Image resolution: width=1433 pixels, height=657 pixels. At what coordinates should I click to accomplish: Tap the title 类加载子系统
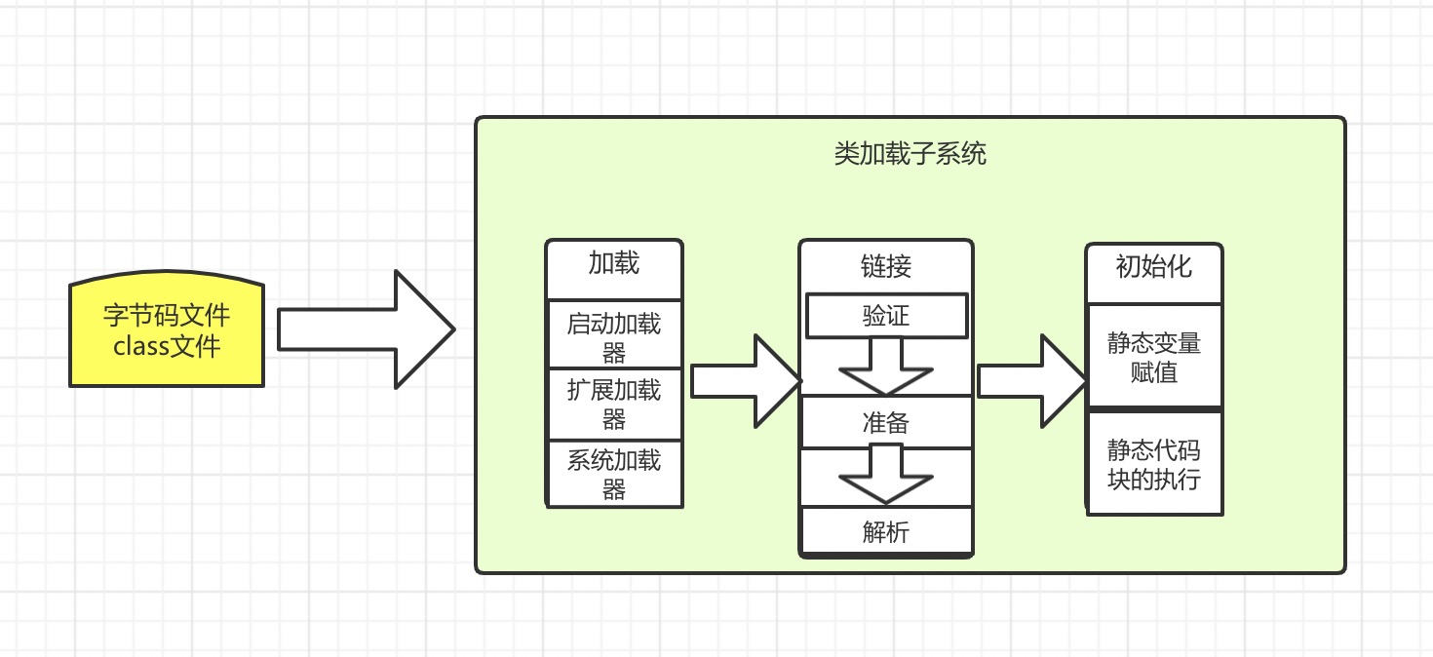[x=910, y=154]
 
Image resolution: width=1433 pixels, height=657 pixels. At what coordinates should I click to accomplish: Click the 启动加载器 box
[x=614, y=335]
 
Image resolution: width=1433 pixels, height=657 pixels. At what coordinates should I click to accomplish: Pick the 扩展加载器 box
[x=614, y=405]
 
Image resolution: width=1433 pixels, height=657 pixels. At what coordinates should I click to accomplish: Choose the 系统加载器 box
[x=614, y=474]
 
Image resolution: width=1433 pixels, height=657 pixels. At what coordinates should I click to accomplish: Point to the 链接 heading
[x=886, y=265]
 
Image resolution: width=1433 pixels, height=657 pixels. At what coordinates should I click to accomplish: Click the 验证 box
[x=886, y=316]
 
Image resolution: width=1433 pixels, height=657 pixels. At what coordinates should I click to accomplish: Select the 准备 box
[x=886, y=422]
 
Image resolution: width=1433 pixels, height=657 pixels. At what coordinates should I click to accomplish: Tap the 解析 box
[x=886, y=531]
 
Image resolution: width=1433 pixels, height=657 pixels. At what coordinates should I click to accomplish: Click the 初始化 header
[x=1154, y=266]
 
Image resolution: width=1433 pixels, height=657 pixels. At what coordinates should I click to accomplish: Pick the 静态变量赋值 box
[x=1154, y=357]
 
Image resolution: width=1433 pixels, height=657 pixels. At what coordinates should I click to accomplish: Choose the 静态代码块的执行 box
[x=1154, y=464]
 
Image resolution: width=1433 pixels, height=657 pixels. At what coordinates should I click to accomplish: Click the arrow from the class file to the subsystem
[x=366, y=329]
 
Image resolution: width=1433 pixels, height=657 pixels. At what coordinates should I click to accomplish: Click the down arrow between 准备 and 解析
[x=886, y=474]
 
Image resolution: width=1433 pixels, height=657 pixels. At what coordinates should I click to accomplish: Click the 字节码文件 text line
[x=167, y=316]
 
